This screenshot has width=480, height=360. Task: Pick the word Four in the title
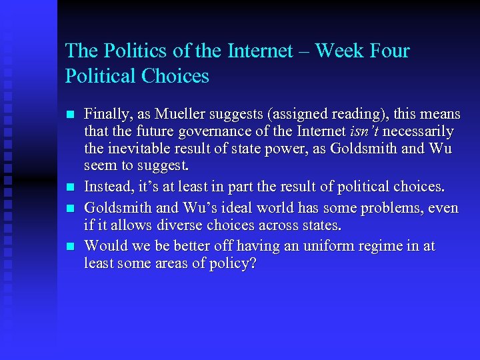pyautogui.click(x=388, y=51)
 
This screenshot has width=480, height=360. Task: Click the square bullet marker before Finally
pyautogui.click(x=71, y=114)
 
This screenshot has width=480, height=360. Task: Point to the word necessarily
pyautogui.click(x=418, y=131)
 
